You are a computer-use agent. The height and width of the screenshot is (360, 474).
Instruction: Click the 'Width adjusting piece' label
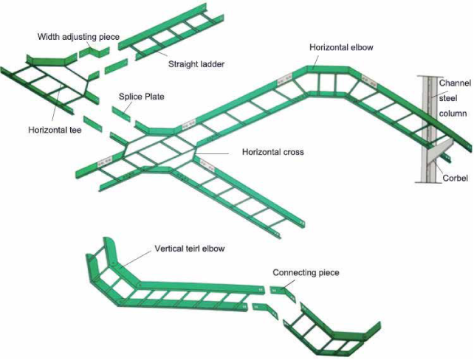coord(78,37)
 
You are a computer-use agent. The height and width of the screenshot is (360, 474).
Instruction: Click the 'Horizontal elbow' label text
coord(342,47)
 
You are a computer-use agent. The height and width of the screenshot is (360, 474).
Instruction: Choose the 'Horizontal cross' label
coord(273,153)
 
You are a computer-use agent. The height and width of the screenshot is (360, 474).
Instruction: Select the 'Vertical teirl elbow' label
coord(190,249)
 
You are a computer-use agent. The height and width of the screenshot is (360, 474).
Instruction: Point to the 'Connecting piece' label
coord(306,273)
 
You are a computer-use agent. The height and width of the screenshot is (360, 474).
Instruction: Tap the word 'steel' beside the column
coord(450,99)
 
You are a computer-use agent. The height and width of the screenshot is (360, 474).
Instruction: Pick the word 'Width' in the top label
coord(49,37)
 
